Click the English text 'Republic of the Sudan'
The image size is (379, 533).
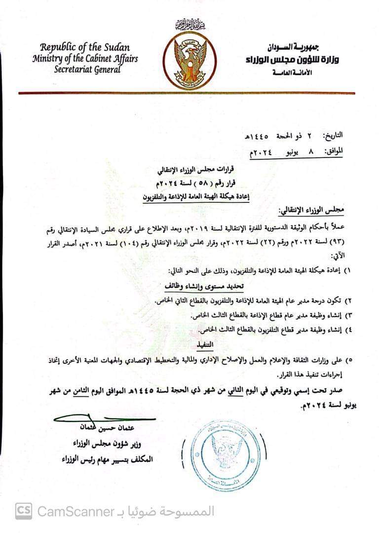pos(85,48)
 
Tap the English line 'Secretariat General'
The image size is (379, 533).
pos(87,70)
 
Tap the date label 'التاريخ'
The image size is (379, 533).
pos(335,135)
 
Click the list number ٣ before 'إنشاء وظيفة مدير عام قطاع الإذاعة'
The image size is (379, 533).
pos(345,315)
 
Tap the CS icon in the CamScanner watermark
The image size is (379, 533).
pos(23,511)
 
